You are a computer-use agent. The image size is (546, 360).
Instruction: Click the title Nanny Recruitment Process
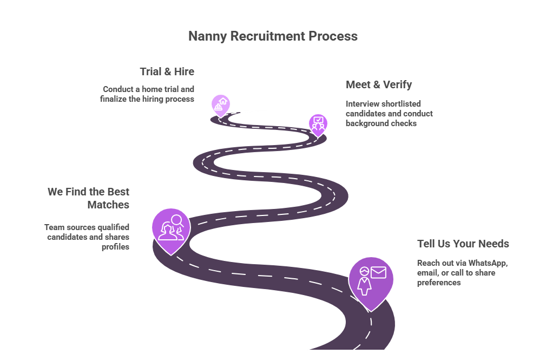[273, 36]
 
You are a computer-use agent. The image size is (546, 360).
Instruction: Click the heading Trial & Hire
[167, 71]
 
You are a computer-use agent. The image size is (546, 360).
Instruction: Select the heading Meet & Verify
[378, 84]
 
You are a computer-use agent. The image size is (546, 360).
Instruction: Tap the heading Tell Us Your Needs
[463, 244]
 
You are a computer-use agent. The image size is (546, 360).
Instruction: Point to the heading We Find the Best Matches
[88, 198]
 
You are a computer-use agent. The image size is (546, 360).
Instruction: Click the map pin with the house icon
[220, 104]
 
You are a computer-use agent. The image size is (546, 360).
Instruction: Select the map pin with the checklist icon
[318, 123]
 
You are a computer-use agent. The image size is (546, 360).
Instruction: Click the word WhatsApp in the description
[488, 263]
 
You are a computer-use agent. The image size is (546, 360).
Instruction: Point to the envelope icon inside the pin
[378, 272]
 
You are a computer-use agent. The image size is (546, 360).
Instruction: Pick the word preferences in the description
[439, 283]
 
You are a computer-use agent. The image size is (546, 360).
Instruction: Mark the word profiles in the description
[115, 247]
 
